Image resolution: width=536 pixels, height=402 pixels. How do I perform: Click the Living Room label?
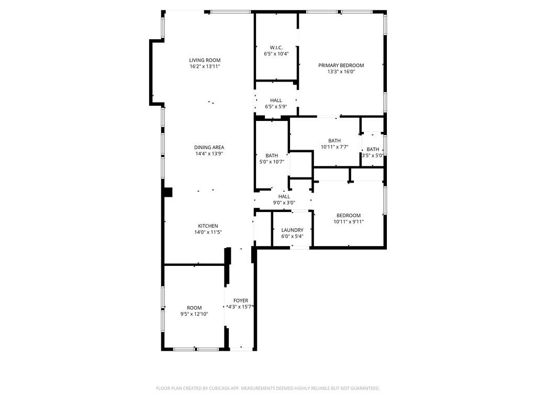click(x=205, y=60)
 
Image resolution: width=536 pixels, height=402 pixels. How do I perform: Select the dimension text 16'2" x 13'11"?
click(x=205, y=66)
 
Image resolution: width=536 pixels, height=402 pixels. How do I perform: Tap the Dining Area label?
click(x=209, y=148)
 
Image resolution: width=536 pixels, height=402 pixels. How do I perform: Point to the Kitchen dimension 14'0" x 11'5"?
click(x=208, y=232)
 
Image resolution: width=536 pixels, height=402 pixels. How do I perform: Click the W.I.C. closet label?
click(x=276, y=48)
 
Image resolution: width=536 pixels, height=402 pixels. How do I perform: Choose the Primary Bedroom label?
click(x=341, y=65)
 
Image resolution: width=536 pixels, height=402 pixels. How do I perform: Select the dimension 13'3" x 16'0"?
click(x=341, y=72)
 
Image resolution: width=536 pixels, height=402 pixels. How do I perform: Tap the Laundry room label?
click(x=292, y=230)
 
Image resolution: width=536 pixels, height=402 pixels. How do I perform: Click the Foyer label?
click(x=241, y=300)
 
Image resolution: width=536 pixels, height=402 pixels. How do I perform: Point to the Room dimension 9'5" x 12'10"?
click(x=194, y=314)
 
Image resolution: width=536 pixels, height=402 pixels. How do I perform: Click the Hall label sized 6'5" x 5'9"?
click(x=276, y=100)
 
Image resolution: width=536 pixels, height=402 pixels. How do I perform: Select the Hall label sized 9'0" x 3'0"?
click(x=284, y=196)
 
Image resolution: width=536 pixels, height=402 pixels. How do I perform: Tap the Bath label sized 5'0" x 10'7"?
click(x=272, y=155)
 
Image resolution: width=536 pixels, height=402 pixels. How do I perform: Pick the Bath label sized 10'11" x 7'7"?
click(x=334, y=140)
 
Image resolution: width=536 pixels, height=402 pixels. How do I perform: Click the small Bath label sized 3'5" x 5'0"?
click(x=373, y=149)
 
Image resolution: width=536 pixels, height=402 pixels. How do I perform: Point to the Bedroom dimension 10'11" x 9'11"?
click(x=349, y=222)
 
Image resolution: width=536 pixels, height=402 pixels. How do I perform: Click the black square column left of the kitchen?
click(x=167, y=192)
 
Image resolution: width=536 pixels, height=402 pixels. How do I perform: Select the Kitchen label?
click(x=208, y=226)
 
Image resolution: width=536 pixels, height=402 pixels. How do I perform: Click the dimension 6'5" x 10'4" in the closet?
click(x=276, y=54)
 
